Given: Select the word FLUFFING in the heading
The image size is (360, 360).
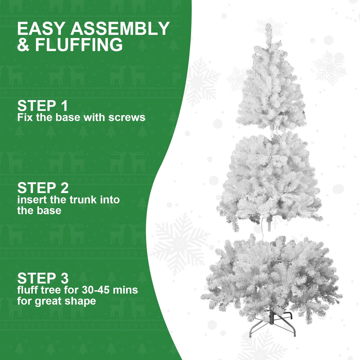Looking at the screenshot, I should point(79,45).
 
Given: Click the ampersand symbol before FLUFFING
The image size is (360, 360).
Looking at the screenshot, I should point(24,45).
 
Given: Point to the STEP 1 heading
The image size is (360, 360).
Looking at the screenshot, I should point(42,106).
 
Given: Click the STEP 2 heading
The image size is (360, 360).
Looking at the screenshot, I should point(43,188).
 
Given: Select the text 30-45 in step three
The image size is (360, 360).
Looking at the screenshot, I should point(98,290).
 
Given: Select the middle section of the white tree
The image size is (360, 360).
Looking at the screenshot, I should point(270,179).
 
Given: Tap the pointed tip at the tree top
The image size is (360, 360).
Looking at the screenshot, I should point(269,30).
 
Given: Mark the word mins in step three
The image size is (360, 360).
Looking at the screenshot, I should point(125,290).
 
